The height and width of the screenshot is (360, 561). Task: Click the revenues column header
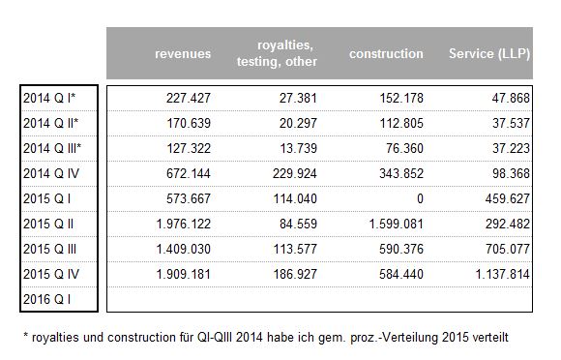point(183,54)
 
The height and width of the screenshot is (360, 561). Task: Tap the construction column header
point(386,54)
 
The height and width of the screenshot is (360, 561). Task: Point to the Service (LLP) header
point(488,54)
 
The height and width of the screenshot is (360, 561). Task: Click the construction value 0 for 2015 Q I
point(419,198)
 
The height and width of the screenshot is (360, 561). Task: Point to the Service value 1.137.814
point(497,274)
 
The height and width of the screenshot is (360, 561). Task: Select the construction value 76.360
point(400,148)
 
